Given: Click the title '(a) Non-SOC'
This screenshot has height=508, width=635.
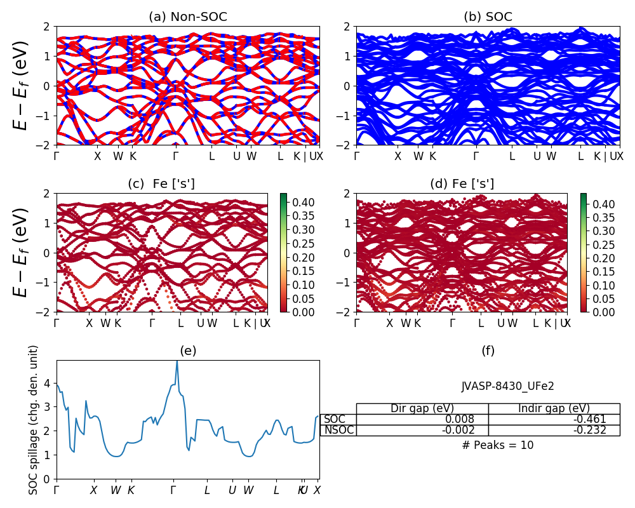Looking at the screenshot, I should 187,17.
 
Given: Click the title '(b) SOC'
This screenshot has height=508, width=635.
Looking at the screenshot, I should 488,17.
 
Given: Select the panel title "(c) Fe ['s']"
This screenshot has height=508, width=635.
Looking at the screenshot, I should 161,184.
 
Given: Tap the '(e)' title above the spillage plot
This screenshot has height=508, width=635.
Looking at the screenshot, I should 188,351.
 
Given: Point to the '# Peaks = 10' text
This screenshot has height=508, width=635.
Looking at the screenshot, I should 498,445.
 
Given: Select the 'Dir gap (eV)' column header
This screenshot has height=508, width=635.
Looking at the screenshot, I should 422,408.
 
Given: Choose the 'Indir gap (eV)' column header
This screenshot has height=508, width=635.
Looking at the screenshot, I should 554,408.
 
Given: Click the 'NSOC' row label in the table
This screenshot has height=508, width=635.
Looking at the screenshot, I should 338,430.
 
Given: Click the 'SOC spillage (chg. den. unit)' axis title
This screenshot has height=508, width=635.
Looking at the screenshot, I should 34,420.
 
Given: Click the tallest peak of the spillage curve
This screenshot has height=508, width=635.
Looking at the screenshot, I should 177,362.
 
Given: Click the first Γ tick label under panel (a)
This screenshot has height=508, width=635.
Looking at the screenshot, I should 57,156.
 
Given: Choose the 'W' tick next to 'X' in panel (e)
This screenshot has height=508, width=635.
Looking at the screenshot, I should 116,490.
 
